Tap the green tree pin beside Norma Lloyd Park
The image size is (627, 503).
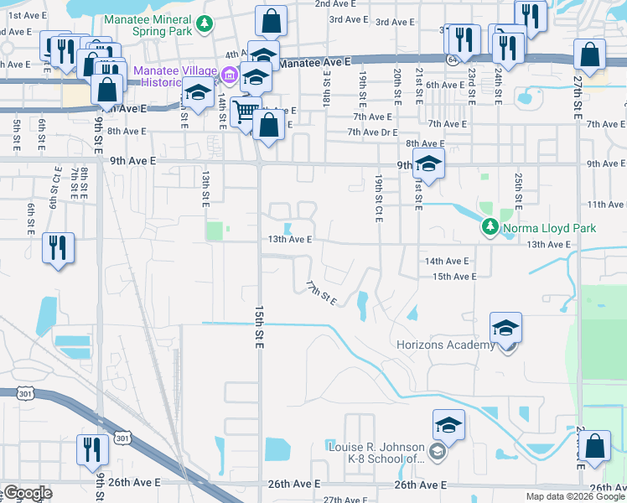coord(490,227)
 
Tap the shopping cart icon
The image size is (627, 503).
coord(246,111)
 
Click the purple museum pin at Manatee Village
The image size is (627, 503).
coord(227,78)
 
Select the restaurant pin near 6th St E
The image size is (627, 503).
coord(58,247)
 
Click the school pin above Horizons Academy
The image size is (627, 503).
coord(506,328)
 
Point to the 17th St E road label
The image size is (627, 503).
coord(320,293)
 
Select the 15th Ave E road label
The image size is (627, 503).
coord(454,276)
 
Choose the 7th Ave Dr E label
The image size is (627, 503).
coord(372,132)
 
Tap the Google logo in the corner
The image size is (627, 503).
coord(28,493)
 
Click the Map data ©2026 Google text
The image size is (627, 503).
coord(575,496)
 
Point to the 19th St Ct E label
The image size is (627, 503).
coord(379,194)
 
